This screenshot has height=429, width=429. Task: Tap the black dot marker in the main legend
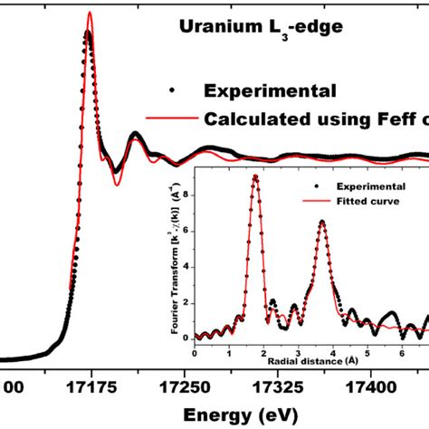(x=170, y=90)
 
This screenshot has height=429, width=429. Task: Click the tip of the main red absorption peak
(x=90, y=13)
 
